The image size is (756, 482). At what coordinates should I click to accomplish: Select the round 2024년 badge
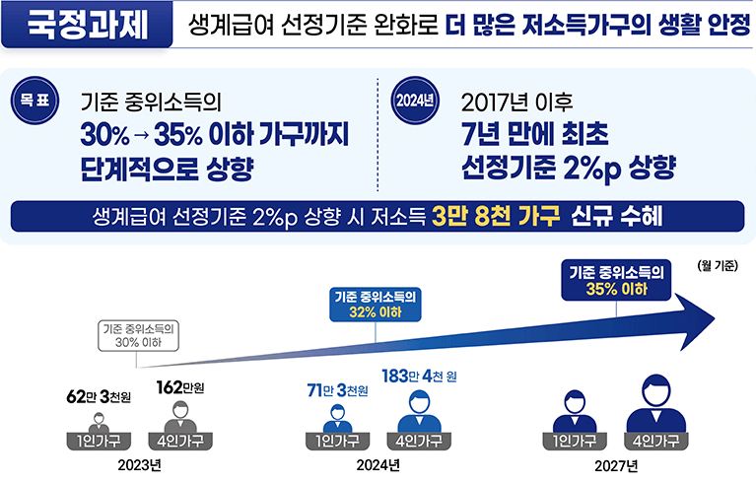414,102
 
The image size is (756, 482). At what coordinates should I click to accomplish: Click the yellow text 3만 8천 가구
497,216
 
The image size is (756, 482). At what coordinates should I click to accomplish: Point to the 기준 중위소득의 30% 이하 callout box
139,335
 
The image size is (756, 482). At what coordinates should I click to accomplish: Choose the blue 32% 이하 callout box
376,304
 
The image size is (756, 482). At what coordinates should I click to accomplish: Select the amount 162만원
180,386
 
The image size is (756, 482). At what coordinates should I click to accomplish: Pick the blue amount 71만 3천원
338,391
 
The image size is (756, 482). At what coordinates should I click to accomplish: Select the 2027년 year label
616,463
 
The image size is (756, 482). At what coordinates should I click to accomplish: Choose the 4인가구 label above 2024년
420,441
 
